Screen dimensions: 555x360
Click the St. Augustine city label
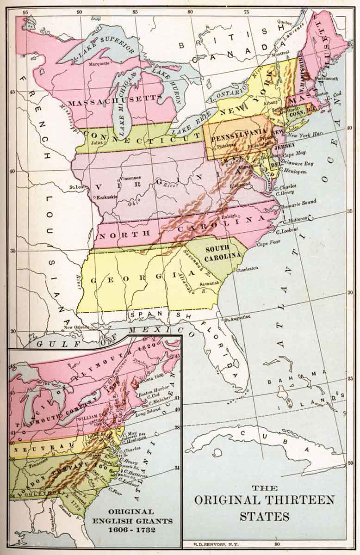tap(237, 317)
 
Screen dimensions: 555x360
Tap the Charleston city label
tap(247, 268)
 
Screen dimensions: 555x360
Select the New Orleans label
tap(75, 327)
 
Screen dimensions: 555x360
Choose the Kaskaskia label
tap(106, 196)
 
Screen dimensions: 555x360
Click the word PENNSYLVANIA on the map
tap(237, 138)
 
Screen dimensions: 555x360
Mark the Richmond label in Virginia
tap(241, 184)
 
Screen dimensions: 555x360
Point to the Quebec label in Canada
tap(285, 21)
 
